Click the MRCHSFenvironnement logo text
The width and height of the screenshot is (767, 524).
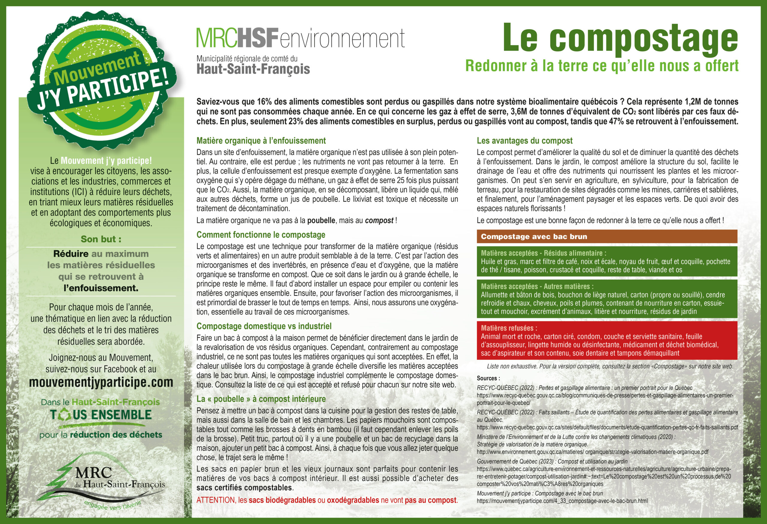click(300, 38)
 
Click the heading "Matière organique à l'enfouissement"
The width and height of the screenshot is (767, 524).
click(261, 141)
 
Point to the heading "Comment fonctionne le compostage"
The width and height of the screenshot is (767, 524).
click(261, 235)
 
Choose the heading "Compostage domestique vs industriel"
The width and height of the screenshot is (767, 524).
click(264, 326)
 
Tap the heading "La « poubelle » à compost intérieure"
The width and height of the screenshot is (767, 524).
click(261, 399)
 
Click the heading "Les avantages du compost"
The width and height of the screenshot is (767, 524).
click(524, 141)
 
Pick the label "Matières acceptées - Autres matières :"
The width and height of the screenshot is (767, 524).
click(537, 286)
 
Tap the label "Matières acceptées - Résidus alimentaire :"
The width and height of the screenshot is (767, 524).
click(543, 253)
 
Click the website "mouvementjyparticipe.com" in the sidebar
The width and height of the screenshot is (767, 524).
click(101, 382)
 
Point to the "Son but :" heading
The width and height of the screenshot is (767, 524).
click(101, 239)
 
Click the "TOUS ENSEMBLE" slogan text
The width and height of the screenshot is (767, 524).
click(101, 415)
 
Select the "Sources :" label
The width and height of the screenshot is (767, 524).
click(488, 378)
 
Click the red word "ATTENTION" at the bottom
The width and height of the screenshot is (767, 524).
click(216, 500)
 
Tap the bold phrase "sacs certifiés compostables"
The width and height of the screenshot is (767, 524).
click(244, 488)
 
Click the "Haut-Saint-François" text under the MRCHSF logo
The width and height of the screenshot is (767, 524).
click(253, 69)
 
